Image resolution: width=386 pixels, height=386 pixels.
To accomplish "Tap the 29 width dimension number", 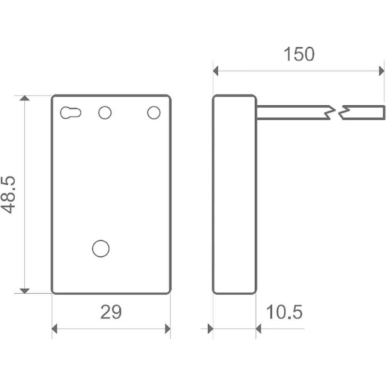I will pos(111,312).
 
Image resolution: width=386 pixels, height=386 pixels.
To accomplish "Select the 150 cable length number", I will pos(299,54).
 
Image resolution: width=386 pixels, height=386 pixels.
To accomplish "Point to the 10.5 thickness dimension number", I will pos(284,312).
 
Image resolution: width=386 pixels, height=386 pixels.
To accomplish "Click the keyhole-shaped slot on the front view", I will pos(71,113).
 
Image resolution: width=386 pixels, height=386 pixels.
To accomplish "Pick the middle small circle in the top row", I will pos(105,113).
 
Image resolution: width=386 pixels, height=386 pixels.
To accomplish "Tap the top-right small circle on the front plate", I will pos(154,113).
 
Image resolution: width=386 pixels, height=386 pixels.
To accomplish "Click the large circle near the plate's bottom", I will pos(101,248).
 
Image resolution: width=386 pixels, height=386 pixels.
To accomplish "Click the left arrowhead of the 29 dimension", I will pos(55,329).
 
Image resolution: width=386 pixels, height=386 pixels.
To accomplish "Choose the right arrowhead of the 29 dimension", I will pos(168,329).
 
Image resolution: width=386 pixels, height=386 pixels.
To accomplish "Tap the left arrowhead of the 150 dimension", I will pos(216,71).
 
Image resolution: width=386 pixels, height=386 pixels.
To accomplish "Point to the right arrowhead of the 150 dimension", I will pos(382,71).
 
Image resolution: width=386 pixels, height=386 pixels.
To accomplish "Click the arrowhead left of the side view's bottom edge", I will pos(210,329).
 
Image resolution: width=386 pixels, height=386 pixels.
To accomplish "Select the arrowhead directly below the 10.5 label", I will pos(259,329).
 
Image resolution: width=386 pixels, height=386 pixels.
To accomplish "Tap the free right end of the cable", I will pos(383,112).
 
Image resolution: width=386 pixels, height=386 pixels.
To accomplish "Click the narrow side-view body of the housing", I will pos(234,194).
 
